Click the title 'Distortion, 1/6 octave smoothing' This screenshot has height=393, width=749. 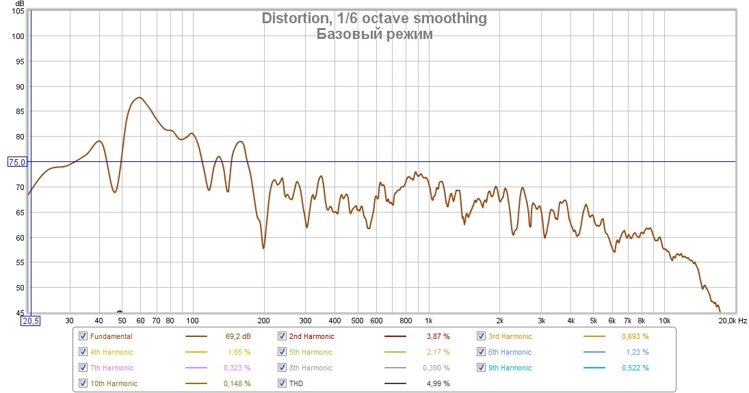(374, 18)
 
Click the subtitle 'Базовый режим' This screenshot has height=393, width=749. (374, 34)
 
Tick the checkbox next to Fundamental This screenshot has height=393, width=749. (83, 336)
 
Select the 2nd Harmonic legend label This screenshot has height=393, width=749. (312, 336)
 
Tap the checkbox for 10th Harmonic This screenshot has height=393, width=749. (83, 383)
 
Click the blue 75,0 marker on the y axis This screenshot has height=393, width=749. (16, 162)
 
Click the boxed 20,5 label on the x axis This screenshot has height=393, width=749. (31, 321)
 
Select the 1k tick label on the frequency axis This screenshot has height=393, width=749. (428, 321)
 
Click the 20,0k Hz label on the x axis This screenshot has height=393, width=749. (733, 321)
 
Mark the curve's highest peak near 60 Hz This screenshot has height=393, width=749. (139, 98)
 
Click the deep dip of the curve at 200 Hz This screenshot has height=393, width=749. (264, 248)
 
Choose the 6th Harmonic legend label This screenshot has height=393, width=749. (510, 352)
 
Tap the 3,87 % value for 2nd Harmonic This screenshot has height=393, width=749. (438, 336)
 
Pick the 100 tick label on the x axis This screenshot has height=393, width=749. (192, 321)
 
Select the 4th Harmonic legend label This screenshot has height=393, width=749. (111, 352)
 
